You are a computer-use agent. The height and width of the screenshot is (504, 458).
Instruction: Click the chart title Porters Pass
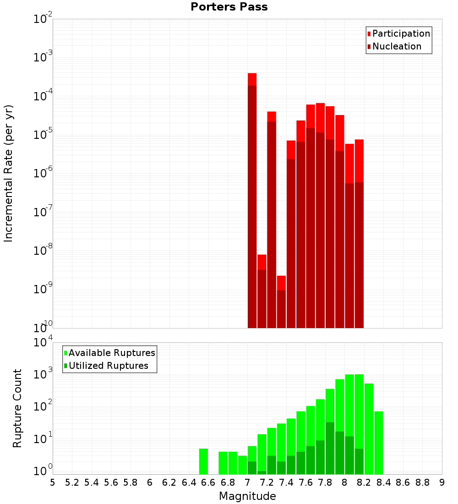(229, 7)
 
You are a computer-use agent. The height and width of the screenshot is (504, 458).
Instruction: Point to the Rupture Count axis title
(17, 408)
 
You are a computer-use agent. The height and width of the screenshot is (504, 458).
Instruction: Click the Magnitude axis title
(247, 496)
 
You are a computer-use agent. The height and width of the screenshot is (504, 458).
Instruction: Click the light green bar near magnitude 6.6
(203, 461)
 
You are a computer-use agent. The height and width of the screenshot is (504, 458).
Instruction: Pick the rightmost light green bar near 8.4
(378, 442)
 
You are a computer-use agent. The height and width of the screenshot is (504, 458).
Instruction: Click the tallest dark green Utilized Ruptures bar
(330, 447)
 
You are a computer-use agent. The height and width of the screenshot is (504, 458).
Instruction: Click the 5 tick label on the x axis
(53, 482)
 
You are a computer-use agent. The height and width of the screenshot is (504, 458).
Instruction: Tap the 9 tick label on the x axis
(442, 482)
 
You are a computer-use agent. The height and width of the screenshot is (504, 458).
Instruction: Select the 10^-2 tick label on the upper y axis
(43, 20)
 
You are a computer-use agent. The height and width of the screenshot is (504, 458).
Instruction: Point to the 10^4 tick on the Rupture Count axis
(43, 343)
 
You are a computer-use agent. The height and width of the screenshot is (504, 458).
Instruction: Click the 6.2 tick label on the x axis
(169, 482)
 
